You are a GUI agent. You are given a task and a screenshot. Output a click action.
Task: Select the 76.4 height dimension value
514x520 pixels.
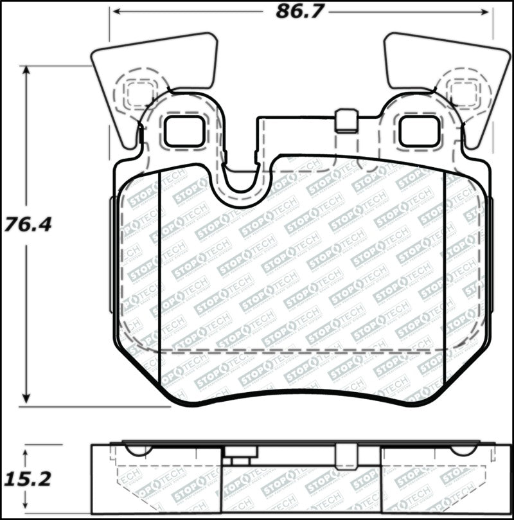coord(27,225)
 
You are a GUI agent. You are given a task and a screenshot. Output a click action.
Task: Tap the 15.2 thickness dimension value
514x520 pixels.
coord(27,479)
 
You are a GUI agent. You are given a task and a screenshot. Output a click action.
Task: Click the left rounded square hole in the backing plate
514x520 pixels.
coord(184,131)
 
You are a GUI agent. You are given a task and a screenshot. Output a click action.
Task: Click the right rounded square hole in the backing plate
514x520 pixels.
coord(419,131)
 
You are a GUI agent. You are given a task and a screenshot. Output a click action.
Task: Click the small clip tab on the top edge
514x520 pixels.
coord(347,121)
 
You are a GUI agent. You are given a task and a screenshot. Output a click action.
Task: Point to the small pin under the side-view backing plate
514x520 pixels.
coord(240,460)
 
